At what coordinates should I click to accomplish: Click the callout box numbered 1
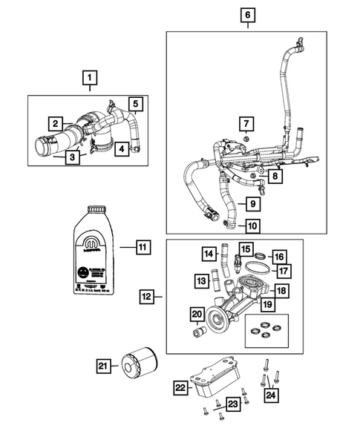89,77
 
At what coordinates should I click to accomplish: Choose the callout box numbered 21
104,365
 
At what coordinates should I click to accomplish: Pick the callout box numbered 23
232,404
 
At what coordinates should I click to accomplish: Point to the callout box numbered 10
252,225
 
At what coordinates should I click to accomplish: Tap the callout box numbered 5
136,105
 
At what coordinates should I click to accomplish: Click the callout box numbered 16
279,257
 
